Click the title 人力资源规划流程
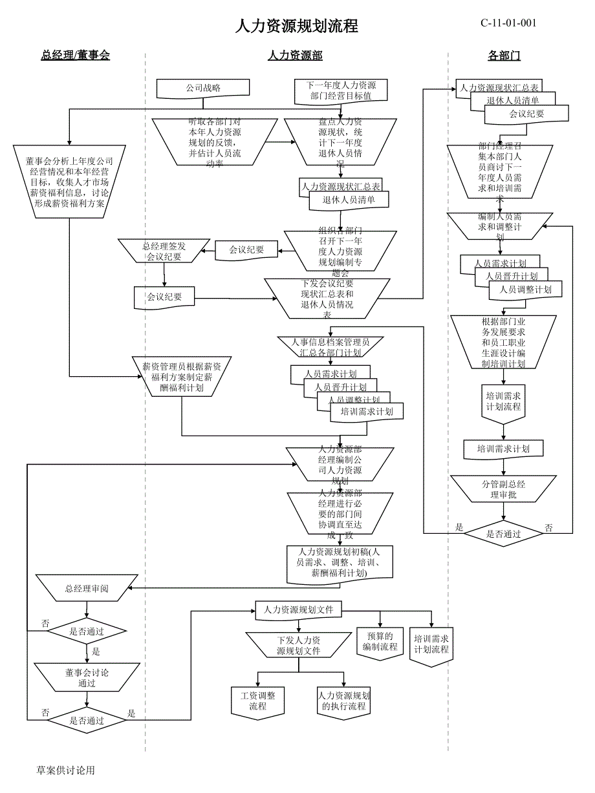pyautogui.click(x=296, y=26)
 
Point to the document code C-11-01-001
pyautogui.click(x=508, y=23)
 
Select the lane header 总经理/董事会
pyautogui.click(x=76, y=56)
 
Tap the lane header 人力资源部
pyautogui.click(x=295, y=56)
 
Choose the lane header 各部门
pyautogui.click(x=504, y=56)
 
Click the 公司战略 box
pyautogui.click(x=203, y=88)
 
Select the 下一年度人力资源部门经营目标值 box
pyautogui.click(x=341, y=90)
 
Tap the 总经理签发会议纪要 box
pyautogui.click(x=164, y=251)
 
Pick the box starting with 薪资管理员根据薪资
pyautogui.click(x=182, y=377)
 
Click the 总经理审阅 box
pyautogui.click(x=87, y=589)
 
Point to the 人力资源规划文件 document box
pyautogui.click(x=298, y=609)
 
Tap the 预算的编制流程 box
pyautogui.click(x=380, y=642)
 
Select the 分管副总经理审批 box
pyautogui.click(x=503, y=490)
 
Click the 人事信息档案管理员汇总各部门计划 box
pyautogui.click(x=330, y=347)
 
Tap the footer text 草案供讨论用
pyautogui.click(x=66, y=770)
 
